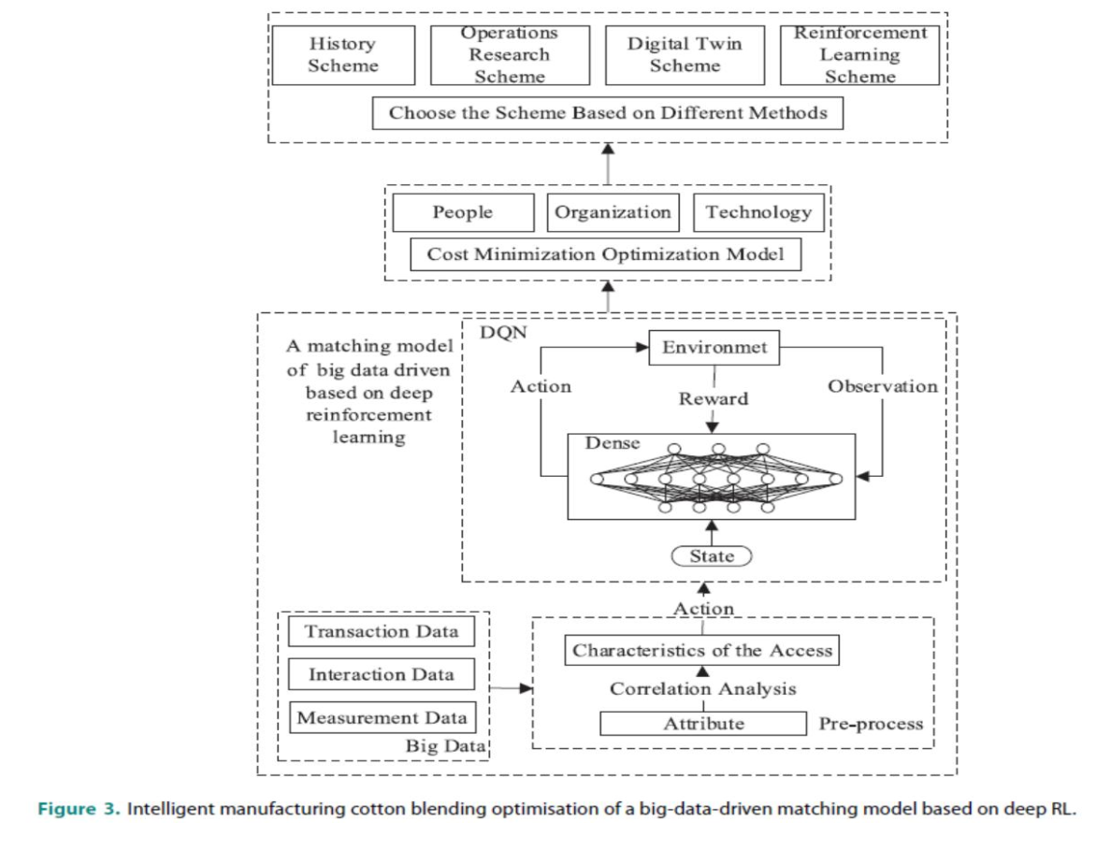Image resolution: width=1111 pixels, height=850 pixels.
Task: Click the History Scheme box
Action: coord(342,55)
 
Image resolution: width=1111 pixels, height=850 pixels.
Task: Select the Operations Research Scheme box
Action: coord(510,55)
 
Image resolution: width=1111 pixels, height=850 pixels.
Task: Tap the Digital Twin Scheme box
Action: coord(685,55)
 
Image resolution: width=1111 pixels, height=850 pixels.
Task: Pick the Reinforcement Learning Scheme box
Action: coord(859,55)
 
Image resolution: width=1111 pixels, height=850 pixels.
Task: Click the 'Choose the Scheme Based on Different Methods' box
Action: coord(608,113)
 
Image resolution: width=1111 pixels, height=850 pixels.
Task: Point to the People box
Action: coord(463,212)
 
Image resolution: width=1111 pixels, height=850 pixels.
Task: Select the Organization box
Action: coord(613,212)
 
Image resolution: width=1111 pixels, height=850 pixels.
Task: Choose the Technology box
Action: coord(758,212)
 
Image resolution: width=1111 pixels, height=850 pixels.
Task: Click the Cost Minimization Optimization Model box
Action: coord(605,254)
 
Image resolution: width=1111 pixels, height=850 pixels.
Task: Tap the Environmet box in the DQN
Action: coord(714,348)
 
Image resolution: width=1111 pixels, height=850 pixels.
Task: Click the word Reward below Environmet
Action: coord(714,399)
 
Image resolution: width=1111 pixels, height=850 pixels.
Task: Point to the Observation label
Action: coord(882,386)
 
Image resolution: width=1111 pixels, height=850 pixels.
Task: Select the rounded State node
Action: coord(712,556)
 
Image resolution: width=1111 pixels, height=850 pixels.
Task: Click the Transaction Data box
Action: coord(382,631)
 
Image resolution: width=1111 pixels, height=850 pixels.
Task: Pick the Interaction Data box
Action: coord(382,674)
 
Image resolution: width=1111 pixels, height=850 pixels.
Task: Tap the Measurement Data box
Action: coord(382,718)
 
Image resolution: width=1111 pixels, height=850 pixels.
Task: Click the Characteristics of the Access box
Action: coord(702,650)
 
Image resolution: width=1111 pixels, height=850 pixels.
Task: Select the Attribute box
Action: coord(703,723)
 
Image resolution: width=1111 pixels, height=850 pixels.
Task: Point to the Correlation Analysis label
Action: coord(703,689)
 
